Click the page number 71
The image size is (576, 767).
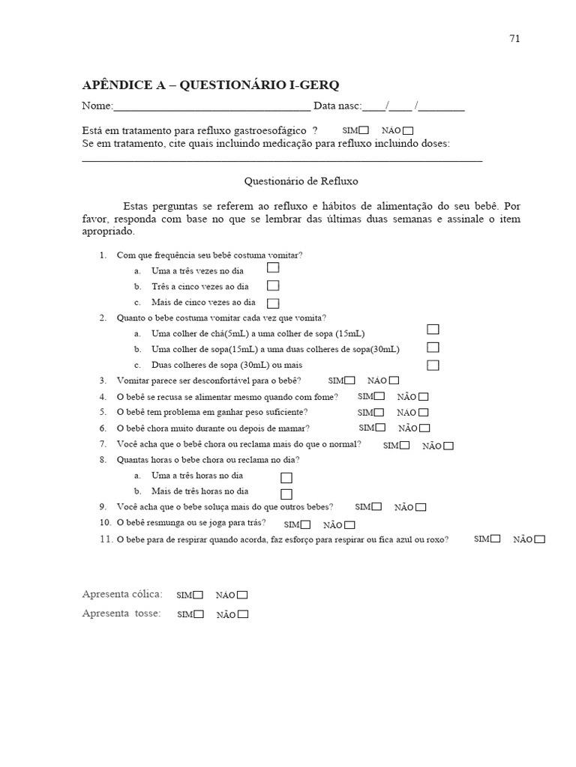514,39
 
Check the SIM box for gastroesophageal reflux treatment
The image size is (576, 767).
364,130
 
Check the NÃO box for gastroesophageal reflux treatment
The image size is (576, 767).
408,131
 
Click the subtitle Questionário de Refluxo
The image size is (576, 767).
301,181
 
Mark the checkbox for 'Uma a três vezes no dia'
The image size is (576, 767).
273,268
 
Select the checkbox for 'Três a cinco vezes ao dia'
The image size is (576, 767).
273,285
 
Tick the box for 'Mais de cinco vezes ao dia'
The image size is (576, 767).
273,303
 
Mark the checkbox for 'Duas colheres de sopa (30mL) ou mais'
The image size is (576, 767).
433,365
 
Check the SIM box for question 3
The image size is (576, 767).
350,380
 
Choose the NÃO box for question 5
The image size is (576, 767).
424,412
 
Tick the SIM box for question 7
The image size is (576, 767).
405,445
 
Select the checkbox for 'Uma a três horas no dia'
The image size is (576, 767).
286,477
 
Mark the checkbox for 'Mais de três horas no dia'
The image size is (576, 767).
286,494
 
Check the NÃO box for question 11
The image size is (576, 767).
540,539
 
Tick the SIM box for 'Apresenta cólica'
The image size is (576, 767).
198,595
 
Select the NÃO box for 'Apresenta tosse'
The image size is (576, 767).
242,614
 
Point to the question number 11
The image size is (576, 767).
106,539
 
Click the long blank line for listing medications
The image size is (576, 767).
281,160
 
